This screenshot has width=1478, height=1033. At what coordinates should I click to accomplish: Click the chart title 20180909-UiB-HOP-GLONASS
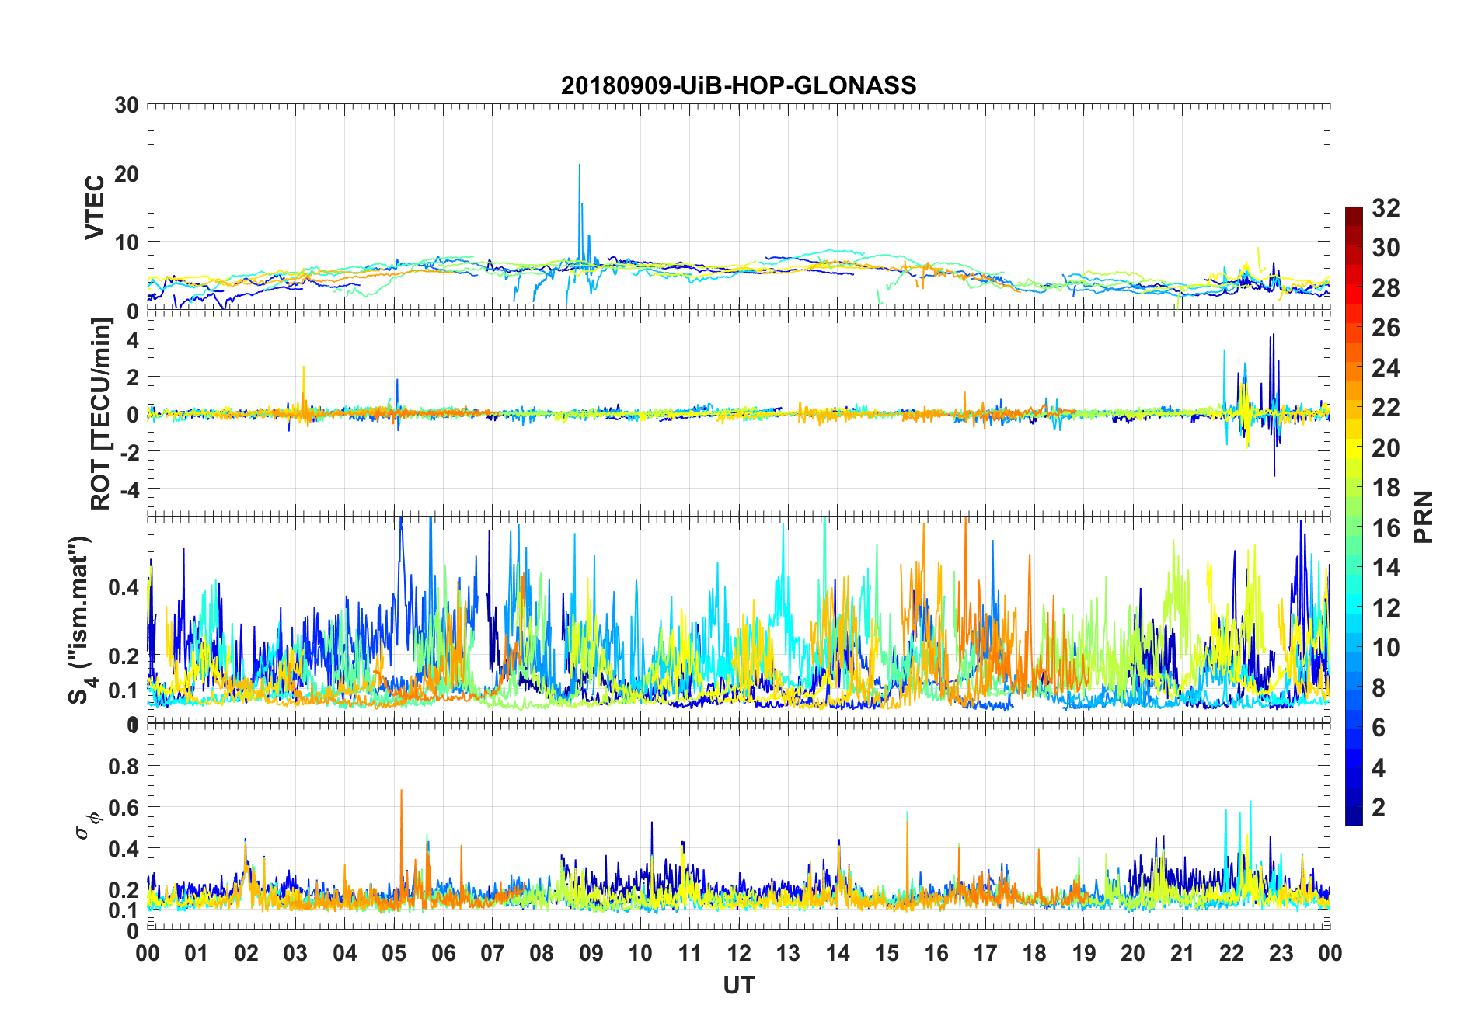pyautogui.click(x=738, y=85)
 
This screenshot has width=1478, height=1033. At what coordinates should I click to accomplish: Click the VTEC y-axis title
pyautogui.click(x=95, y=207)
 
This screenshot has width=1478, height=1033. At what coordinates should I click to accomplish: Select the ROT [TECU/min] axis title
pyautogui.click(x=101, y=413)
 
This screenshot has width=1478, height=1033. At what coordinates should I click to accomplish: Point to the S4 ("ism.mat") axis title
pyautogui.click(x=81, y=620)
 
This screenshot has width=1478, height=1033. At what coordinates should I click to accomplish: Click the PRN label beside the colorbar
pyautogui.click(x=1423, y=516)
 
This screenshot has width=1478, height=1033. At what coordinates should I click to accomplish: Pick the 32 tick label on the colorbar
pyautogui.click(x=1386, y=208)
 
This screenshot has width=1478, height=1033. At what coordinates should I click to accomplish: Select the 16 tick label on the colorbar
pyautogui.click(x=1386, y=528)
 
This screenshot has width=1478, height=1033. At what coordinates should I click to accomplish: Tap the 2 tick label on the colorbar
pyautogui.click(x=1379, y=808)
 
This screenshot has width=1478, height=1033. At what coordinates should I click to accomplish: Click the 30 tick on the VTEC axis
pyautogui.click(x=127, y=106)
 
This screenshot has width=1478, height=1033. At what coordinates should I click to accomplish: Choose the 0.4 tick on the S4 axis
pyautogui.click(x=124, y=587)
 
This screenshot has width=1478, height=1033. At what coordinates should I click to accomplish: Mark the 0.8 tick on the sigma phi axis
pyautogui.click(x=124, y=767)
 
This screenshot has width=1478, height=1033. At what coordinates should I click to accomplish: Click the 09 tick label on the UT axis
pyautogui.click(x=591, y=953)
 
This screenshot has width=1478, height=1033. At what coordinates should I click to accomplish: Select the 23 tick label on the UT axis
pyautogui.click(x=1281, y=953)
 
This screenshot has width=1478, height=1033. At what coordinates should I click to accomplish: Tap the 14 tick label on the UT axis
pyautogui.click(x=837, y=953)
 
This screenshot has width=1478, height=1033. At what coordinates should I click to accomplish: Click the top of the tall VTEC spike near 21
pyautogui.click(x=579, y=165)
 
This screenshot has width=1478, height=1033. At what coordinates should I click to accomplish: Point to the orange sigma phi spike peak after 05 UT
pyautogui.click(x=401, y=791)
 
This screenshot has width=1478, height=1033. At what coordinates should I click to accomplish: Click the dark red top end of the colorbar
pyautogui.click(x=1354, y=211)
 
